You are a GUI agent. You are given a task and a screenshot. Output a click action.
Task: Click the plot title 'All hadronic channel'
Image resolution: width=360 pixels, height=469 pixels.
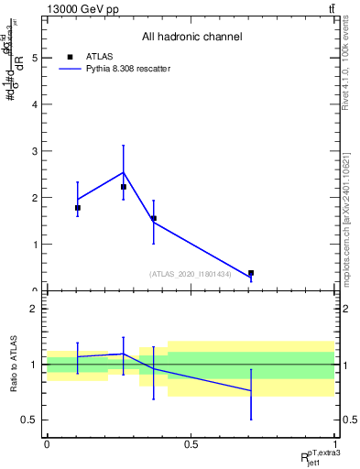[191, 37]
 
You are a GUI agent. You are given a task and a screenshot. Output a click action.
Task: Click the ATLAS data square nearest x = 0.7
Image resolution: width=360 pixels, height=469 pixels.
[250, 273]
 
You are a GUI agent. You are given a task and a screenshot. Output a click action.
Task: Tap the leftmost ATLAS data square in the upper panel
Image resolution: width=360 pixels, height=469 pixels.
[78, 208]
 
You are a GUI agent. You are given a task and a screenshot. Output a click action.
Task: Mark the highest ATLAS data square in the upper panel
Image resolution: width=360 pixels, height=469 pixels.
[124, 187]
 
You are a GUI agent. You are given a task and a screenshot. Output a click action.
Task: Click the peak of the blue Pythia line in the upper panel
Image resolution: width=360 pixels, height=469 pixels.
[124, 172]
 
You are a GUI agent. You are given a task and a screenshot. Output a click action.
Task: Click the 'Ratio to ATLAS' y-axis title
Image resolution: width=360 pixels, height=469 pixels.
[13, 365]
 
